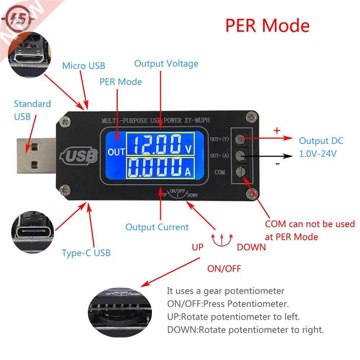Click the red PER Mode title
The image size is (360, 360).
coord(267,26)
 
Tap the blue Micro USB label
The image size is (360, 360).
coord(84,66)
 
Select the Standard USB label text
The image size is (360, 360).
coord(32,110)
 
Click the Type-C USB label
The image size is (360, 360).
coord(86,253)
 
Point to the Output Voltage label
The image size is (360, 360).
coord(166,64)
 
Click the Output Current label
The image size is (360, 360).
coord(157,227)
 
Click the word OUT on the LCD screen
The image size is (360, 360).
coord(116,152)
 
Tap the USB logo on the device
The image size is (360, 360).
coord(81,156)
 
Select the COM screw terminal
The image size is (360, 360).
coord(241,171)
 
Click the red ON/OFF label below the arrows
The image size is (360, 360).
coord(224,269)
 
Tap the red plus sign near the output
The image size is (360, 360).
coord(276,131)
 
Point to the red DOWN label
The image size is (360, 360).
coord(251,247)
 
